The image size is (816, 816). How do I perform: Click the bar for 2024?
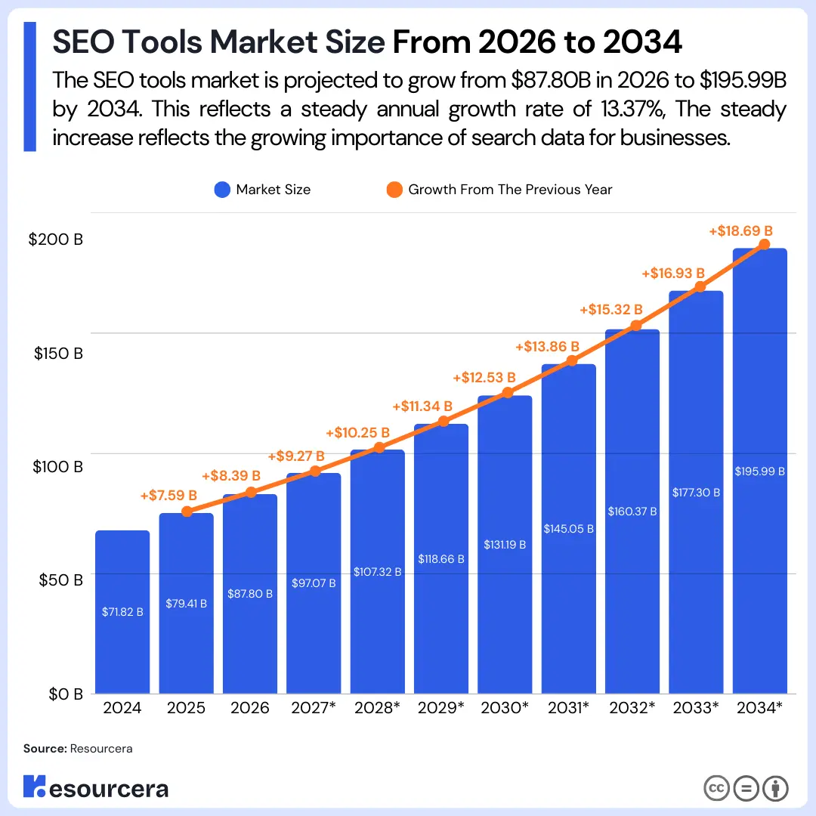pos(122,612)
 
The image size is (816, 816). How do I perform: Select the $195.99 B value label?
pos(760,471)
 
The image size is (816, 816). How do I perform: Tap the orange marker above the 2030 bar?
pos(508,393)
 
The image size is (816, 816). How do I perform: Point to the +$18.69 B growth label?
pos(741,231)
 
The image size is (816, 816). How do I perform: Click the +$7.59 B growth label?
pos(168,496)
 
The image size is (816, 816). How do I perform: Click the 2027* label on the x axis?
pos(314,709)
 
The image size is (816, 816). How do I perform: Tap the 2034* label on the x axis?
pos(759,709)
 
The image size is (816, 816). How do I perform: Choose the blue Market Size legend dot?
pos(221,190)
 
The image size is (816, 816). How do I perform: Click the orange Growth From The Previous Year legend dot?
pos(394,190)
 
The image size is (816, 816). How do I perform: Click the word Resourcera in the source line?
pos(101,749)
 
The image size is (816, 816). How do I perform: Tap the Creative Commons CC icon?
pos(716,789)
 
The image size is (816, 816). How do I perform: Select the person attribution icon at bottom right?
pos(775,789)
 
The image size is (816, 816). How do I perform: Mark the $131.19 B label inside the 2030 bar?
pos(505,545)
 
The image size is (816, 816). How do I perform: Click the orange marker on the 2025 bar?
pos(187,512)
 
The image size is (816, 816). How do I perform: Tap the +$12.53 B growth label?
pos(484,377)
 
